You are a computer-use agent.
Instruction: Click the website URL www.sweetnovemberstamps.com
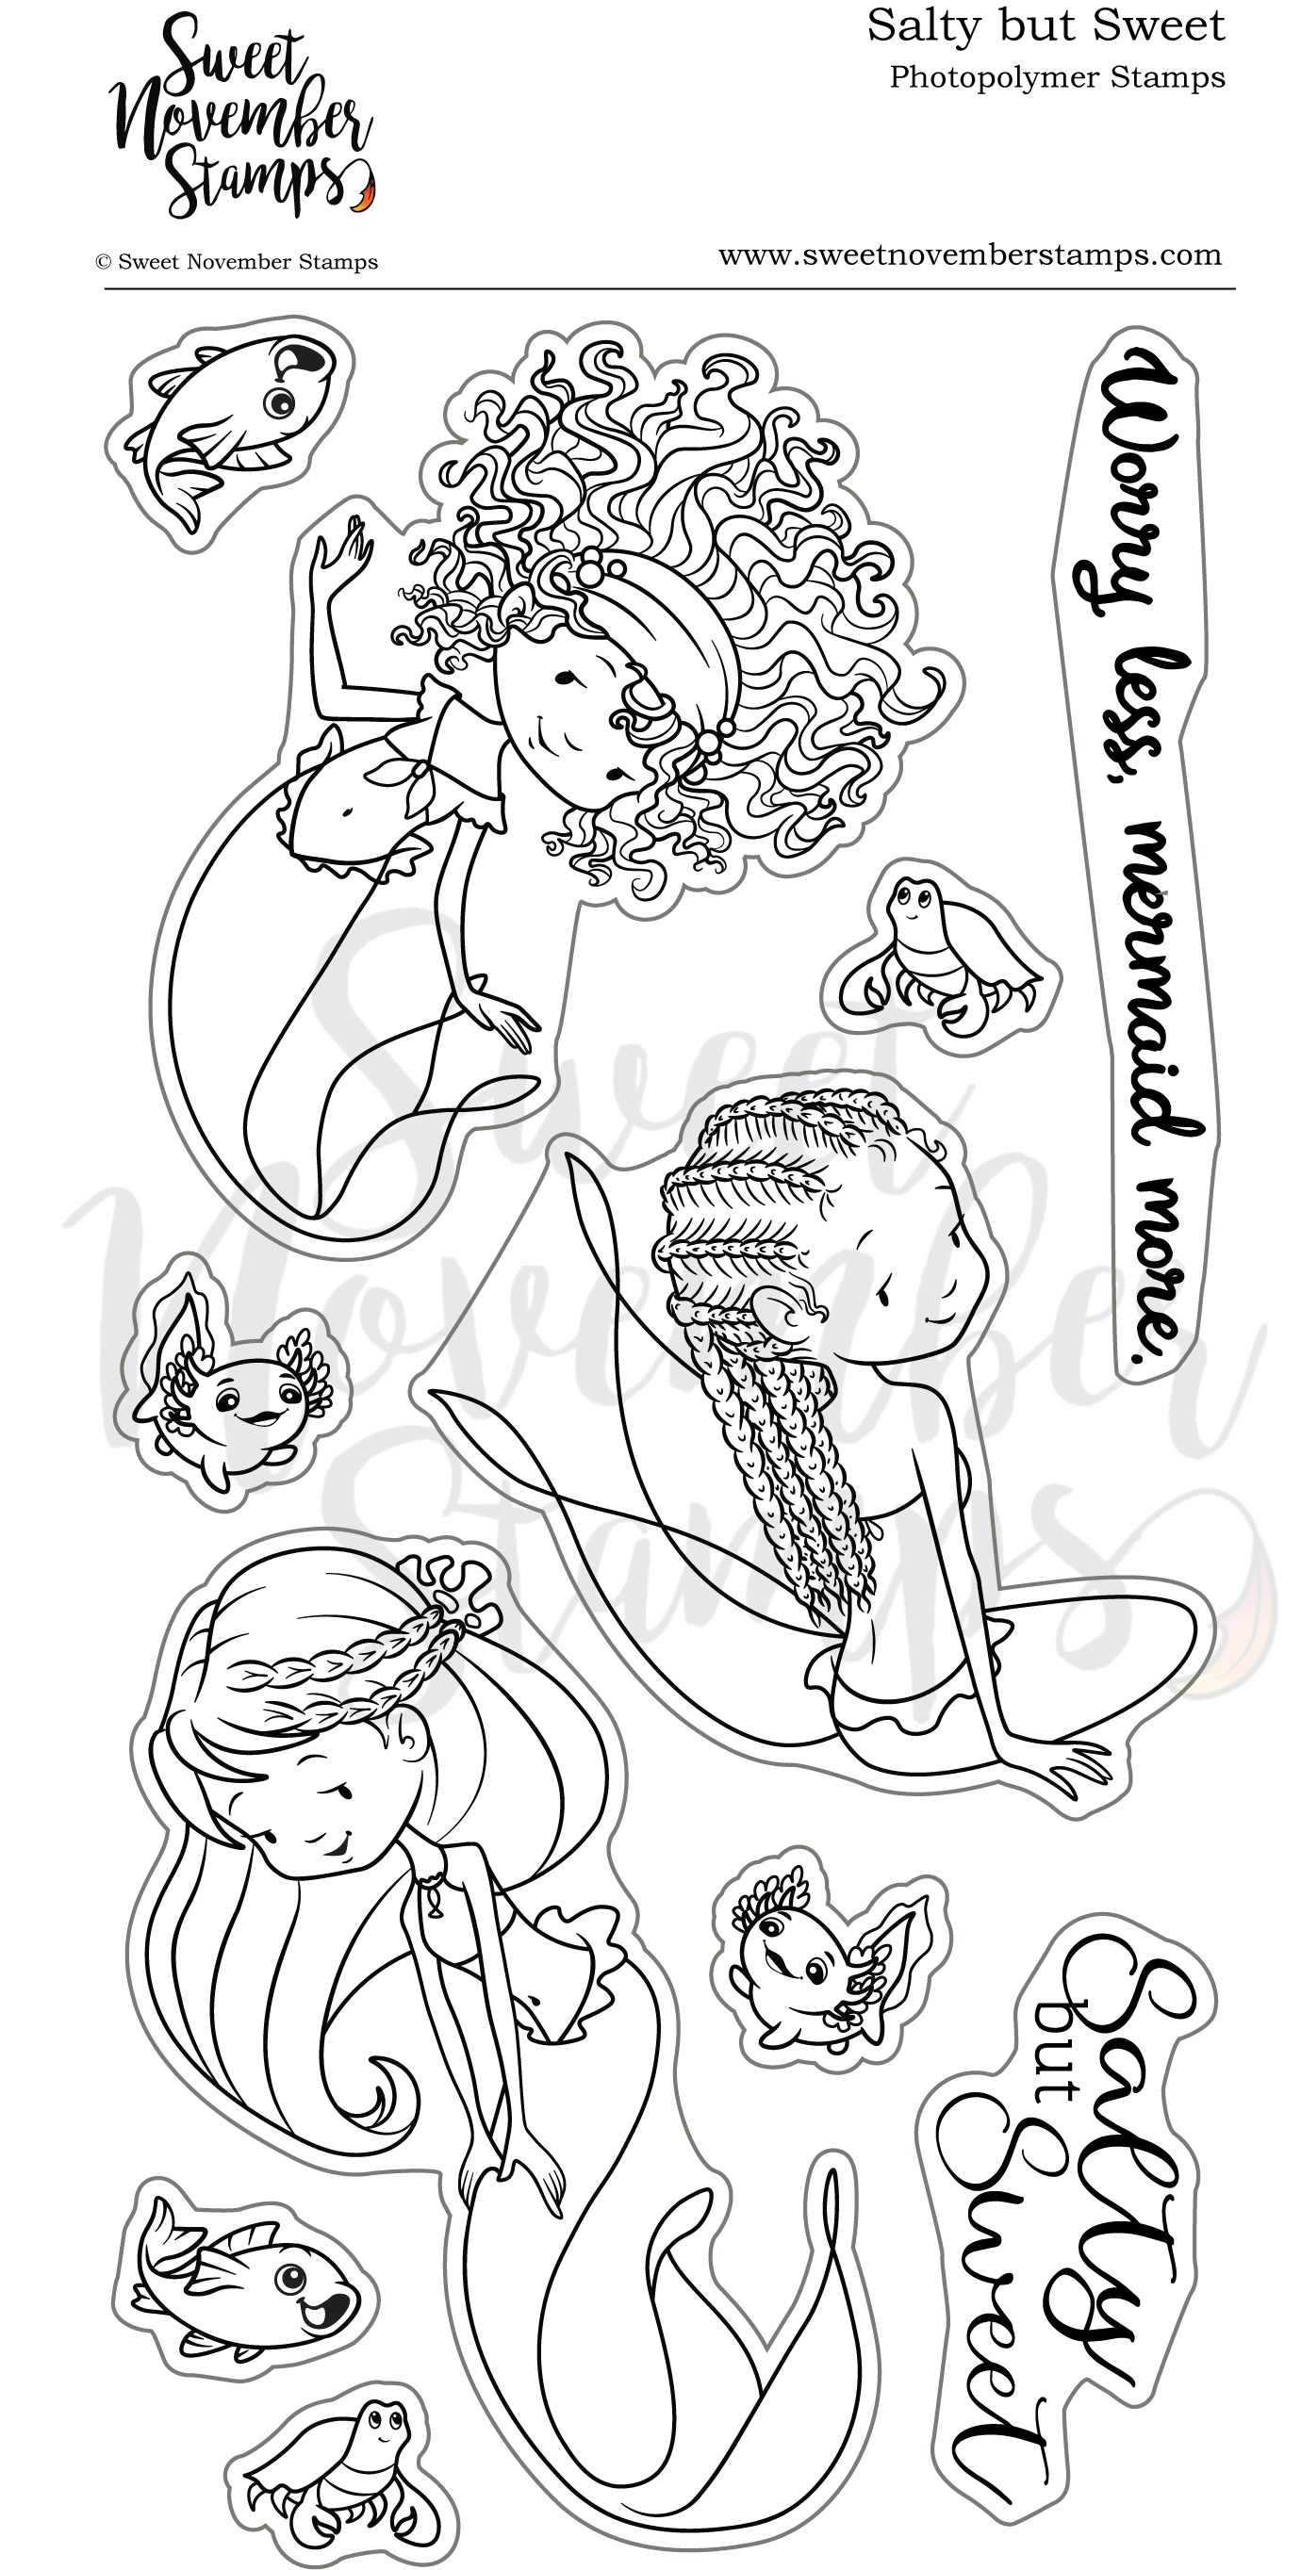coord(970,255)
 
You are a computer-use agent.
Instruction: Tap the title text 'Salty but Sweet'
coord(1045,27)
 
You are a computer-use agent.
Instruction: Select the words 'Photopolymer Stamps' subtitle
coord(1057,78)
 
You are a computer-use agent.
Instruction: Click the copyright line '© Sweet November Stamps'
coord(237,262)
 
